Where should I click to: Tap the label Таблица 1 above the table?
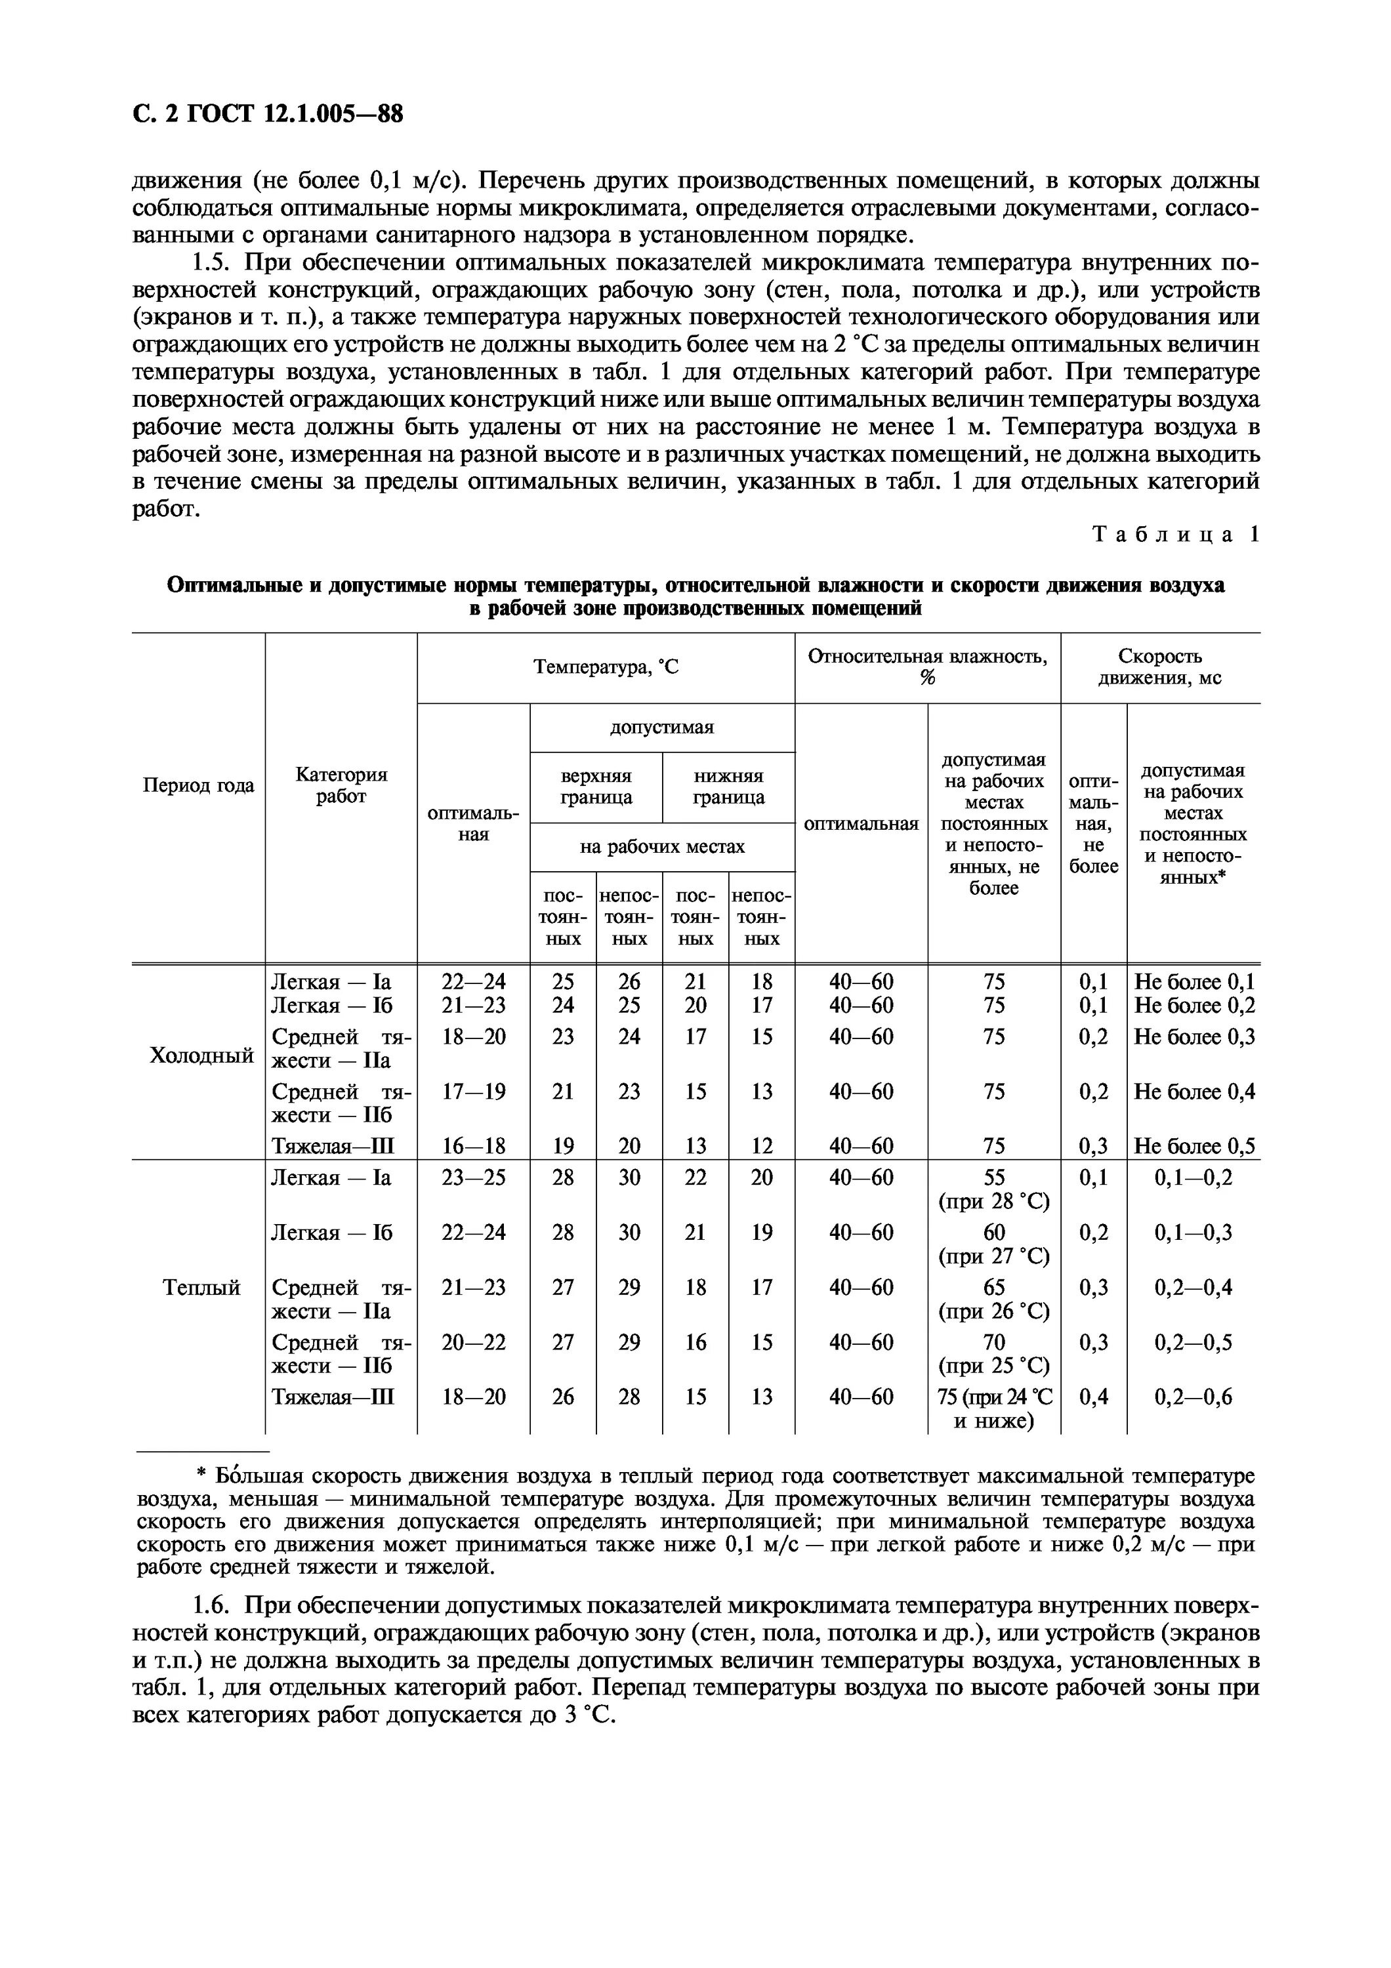point(1175,535)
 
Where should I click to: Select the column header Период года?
point(198,785)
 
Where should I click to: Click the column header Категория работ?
point(341,785)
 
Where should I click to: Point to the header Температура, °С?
point(605,667)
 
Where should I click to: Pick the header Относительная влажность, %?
point(927,667)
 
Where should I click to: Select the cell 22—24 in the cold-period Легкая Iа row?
point(473,981)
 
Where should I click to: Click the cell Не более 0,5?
point(1194,1146)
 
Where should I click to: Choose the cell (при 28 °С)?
point(994,1201)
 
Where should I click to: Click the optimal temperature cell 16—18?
point(473,1146)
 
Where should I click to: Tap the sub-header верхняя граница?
point(596,786)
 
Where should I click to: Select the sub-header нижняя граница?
point(728,786)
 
